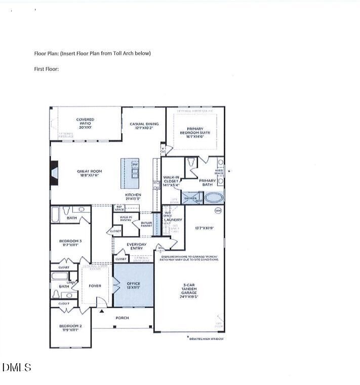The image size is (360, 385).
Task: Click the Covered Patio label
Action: coord(85,122)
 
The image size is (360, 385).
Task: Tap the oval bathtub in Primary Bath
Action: coord(212,197)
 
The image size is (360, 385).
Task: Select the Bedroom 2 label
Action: coord(70,327)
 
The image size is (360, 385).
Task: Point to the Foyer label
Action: coord(95,286)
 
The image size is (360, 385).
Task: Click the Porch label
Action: coord(122,318)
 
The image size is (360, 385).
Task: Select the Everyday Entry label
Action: coord(137,246)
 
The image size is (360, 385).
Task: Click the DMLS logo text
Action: coord(17,368)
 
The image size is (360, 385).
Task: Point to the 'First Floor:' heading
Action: coord(47,69)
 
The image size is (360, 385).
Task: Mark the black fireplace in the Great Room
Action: coord(53,172)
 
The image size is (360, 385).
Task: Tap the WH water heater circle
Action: coord(218,210)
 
